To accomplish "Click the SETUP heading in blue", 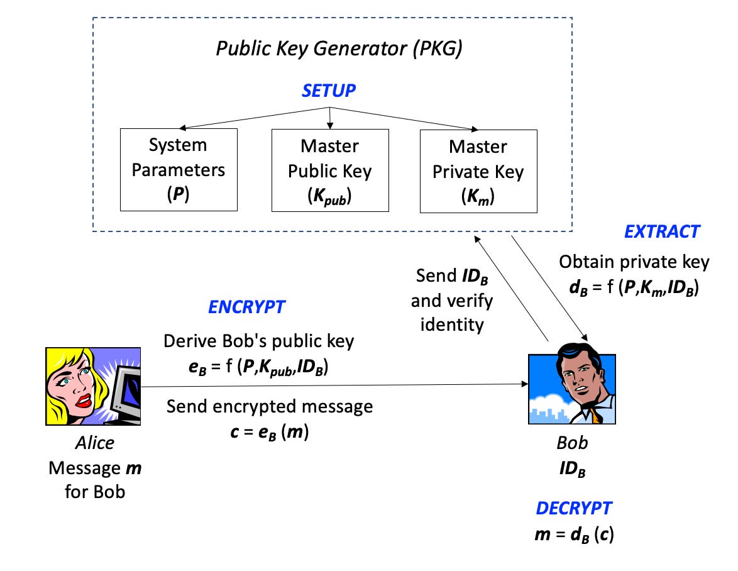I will click(329, 91).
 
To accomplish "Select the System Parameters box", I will click(179, 169).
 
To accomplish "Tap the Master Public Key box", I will click(329, 170).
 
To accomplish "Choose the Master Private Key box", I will click(478, 170).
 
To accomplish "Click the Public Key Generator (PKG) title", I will click(339, 49).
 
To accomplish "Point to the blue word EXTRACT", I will click(661, 232).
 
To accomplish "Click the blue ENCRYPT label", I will click(246, 308).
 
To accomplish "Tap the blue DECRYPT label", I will click(573, 508).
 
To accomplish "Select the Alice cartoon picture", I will click(94, 385).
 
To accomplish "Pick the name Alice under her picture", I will click(94, 443).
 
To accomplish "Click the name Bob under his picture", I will click(573, 443).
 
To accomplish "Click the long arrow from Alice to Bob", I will click(333, 385).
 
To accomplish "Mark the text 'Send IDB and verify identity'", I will click(452, 300).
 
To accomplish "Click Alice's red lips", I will click(81, 397).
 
